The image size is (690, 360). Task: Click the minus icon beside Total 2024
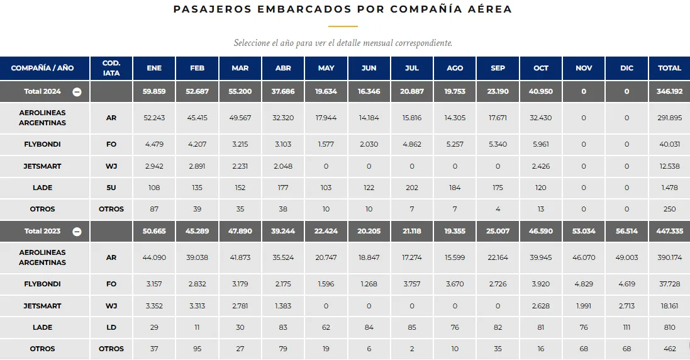pos(77,91)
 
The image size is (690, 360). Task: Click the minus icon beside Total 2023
pos(77,231)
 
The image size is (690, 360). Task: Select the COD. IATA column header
pos(111,68)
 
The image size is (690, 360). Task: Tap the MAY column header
pos(326,68)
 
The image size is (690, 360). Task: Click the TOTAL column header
pos(669,68)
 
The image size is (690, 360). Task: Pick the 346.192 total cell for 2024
pos(669,91)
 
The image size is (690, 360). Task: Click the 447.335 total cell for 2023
pos(669,231)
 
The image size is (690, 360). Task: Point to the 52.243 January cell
pos(154,118)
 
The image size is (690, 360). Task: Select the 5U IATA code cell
pos(111,188)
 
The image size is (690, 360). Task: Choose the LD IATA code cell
pos(111,327)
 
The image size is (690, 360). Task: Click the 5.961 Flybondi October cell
pos(541,144)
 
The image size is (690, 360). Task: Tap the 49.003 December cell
pos(626,257)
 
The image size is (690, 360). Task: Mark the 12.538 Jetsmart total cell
pos(669,166)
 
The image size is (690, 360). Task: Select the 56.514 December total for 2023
pos(626,231)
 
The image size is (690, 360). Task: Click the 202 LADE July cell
pos(412,188)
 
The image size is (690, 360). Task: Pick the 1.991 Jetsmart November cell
pos(584,306)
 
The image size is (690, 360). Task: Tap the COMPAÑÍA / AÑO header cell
pos(43,68)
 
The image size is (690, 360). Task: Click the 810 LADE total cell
pos(669,327)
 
